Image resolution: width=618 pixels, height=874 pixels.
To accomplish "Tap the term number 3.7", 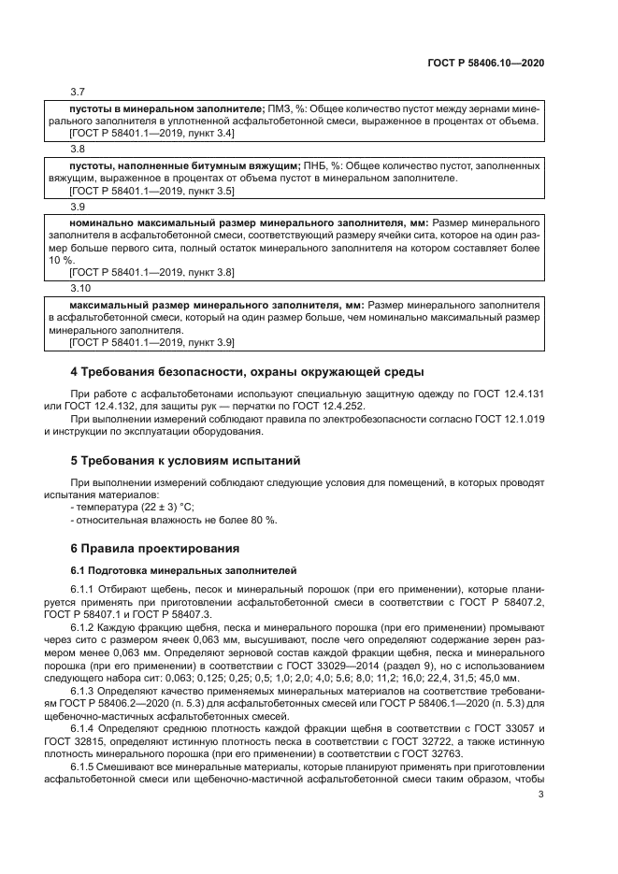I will click(78, 93).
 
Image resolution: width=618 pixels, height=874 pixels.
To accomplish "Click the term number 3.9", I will click(78, 205).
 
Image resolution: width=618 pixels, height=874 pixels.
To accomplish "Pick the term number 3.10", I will click(80, 288).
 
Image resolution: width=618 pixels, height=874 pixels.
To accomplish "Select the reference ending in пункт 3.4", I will click(152, 133).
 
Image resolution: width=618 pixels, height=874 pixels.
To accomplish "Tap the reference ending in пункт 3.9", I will click(152, 342).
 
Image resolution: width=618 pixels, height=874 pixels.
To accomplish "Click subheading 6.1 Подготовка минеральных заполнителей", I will click(183, 568).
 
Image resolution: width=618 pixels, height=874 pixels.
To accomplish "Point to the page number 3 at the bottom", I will click(541, 795).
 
